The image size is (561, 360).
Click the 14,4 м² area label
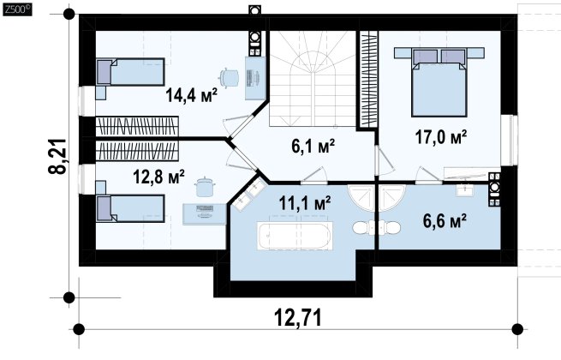click(x=191, y=95)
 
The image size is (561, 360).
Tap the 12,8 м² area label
click(x=158, y=177)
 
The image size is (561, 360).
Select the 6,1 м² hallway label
click(x=313, y=147)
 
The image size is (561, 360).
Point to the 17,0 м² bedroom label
click(x=441, y=137)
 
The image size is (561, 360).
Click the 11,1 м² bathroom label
click(x=304, y=203)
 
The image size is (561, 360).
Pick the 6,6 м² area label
click(x=445, y=220)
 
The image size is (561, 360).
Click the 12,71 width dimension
click(x=298, y=317)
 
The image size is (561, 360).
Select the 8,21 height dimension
click(x=57, y=156)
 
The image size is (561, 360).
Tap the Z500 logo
click(x=17, y=9)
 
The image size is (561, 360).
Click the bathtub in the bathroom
click(x=295, y=236)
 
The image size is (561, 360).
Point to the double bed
click(x=439, y=82)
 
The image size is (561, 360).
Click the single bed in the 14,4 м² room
click(x=130, y=72)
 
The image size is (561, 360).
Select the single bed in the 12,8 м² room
click(x=130, y=208)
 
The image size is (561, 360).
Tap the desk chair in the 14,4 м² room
click(x=229, y=77)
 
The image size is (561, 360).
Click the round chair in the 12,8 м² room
click(x=205, y=187)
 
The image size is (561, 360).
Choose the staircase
click(x=313, y=79)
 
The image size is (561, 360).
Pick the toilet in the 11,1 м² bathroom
click(x=362, y=227)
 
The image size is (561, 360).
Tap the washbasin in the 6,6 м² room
click(x=465, y=189)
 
